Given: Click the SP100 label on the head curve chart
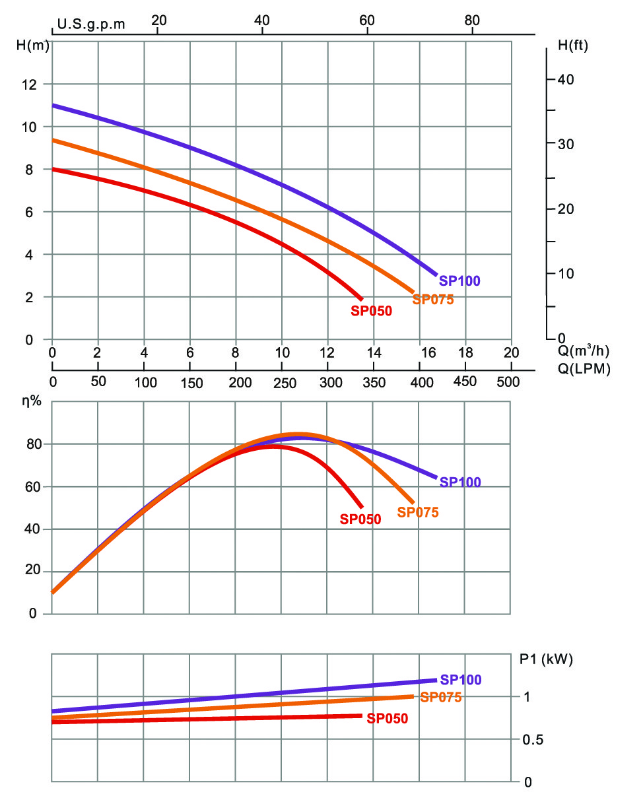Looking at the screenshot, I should [459, 281].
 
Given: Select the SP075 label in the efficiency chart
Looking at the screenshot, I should [418, 512].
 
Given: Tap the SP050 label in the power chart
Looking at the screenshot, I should [388, 719].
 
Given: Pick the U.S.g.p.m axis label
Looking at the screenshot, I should [91, 24].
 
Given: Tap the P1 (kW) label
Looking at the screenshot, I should [546, 659].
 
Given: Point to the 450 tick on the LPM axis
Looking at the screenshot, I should [465, 381].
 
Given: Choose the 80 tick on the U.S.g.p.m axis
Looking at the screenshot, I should [471, 20].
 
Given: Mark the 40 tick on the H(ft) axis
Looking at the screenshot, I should [566, 79].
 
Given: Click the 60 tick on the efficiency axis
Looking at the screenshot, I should [33, 486].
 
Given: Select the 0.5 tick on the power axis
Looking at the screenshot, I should [534, 740].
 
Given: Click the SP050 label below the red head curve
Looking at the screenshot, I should [372, 311].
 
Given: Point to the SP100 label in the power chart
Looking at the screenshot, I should [461, 680].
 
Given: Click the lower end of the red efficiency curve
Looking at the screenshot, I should [362, 506].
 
